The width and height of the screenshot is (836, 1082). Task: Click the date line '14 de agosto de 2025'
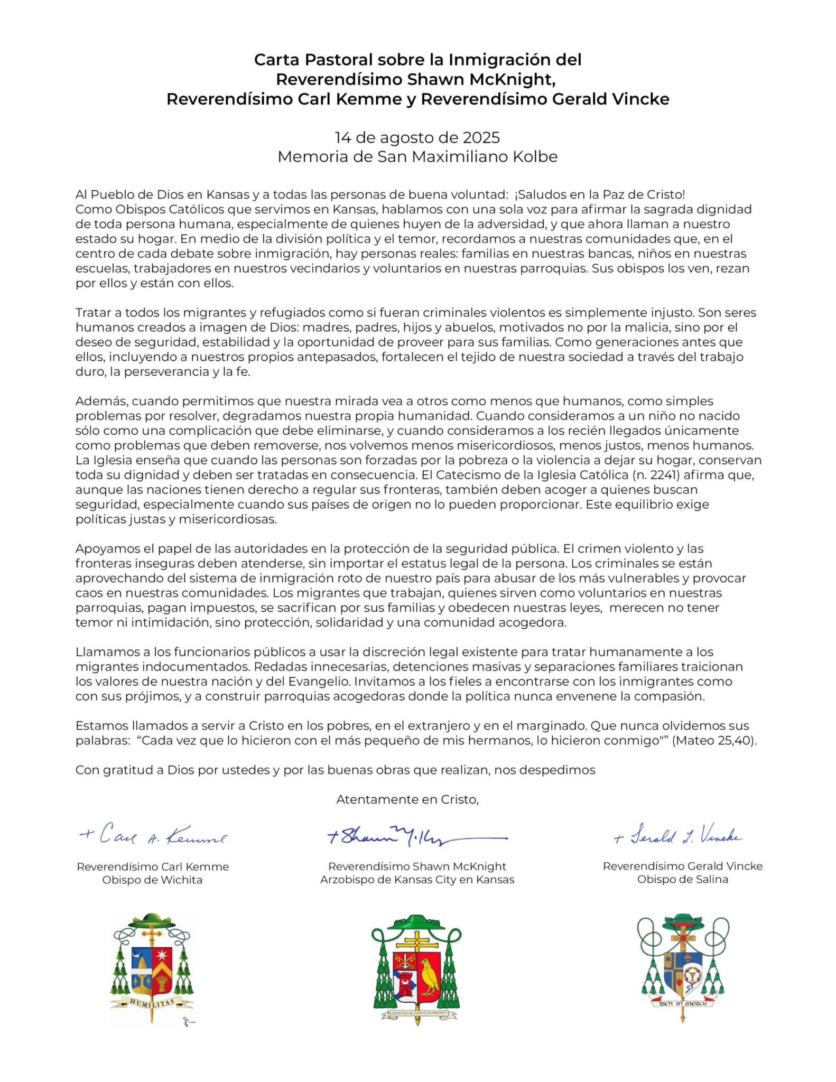coord(417,137)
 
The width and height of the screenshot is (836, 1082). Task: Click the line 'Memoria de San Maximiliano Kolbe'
coord(417,156)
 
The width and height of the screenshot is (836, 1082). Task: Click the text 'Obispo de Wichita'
coord(152,880)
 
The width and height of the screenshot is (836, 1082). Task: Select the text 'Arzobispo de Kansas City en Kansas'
coord(417,880)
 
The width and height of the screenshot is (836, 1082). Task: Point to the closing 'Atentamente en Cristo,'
coord(407,799)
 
